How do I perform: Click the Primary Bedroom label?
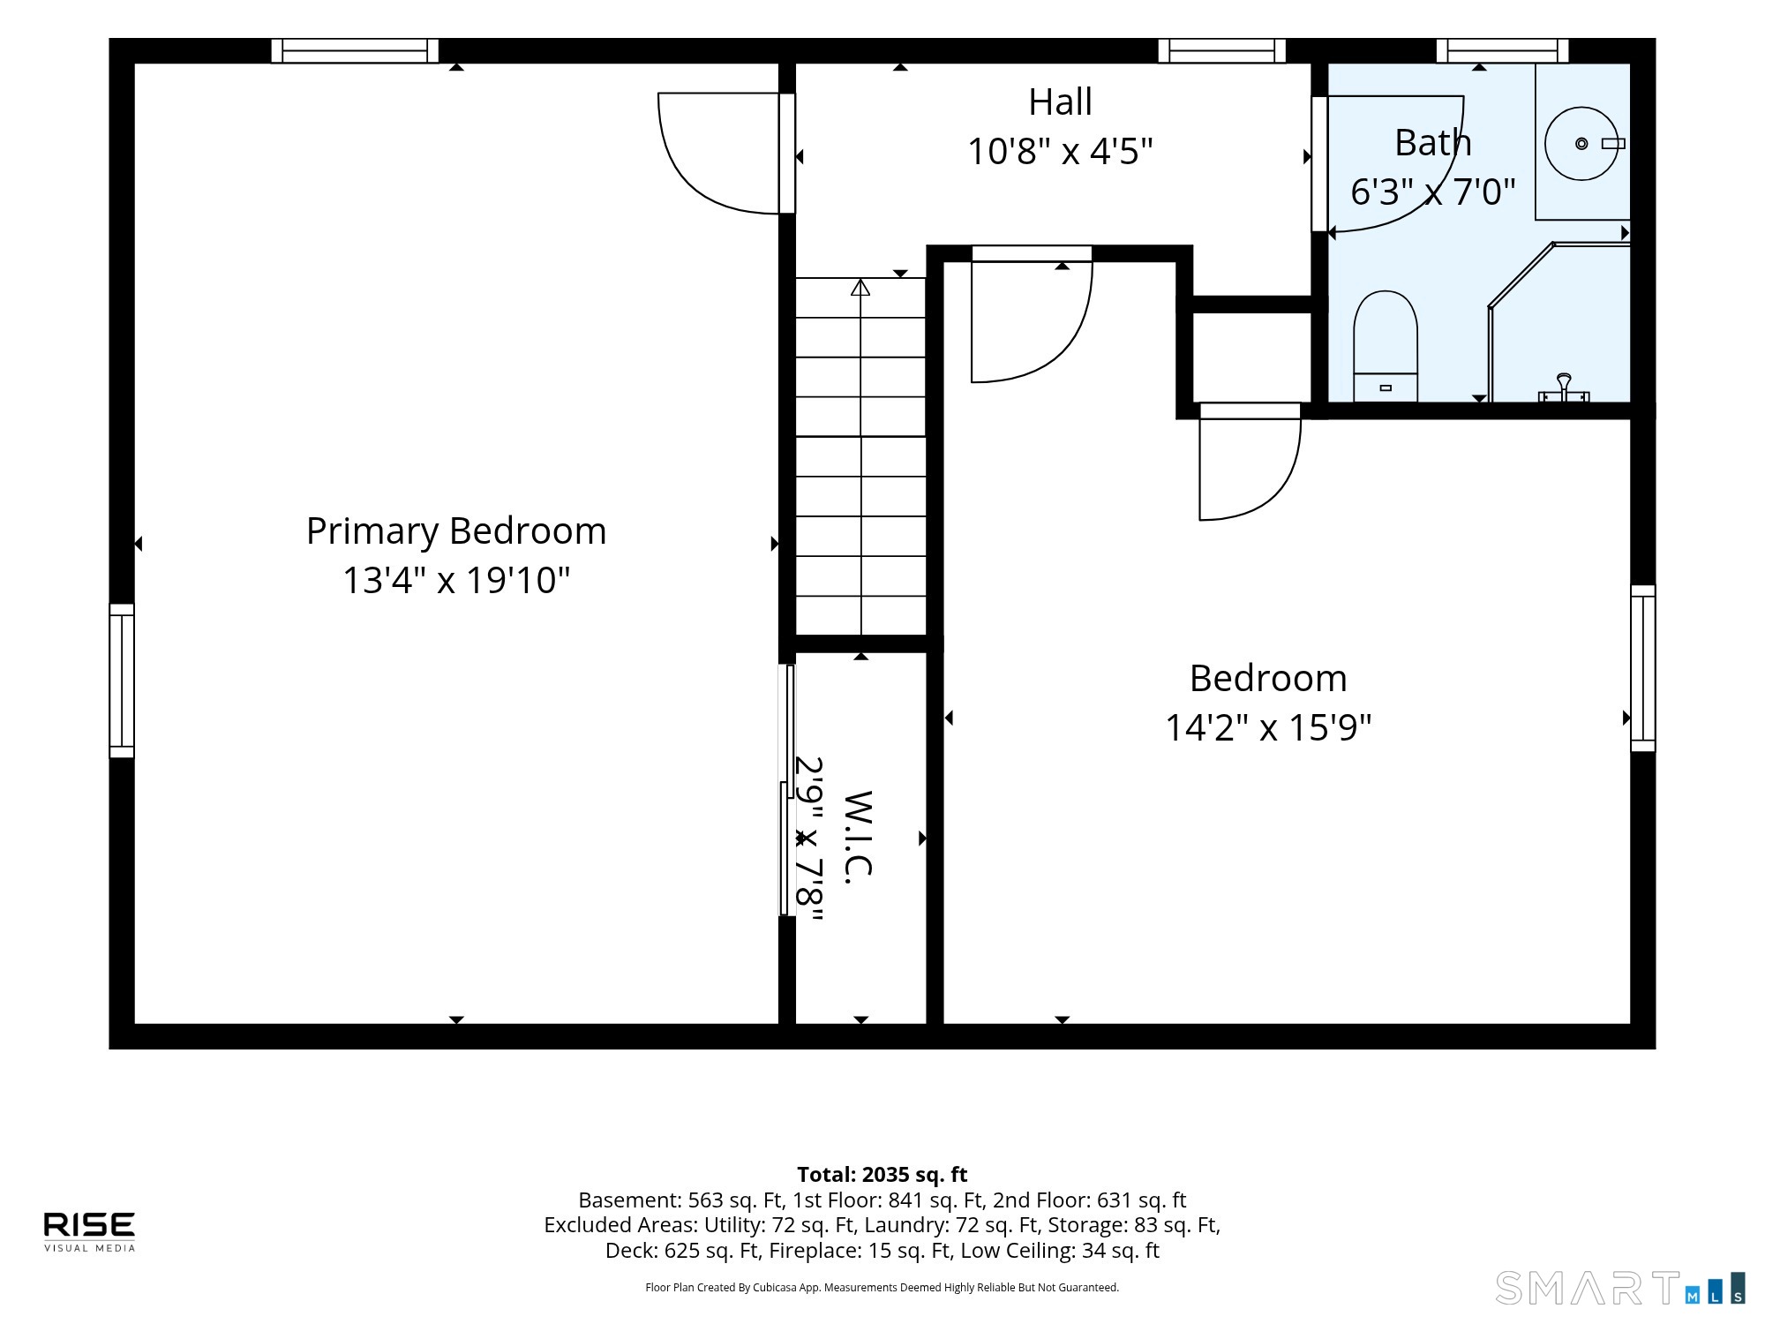456,531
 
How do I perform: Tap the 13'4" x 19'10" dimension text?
456,581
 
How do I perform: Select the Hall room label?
1060,102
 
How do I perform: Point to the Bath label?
1432,143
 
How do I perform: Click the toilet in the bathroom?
1386,346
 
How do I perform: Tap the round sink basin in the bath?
1581,144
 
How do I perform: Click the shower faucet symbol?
1564,388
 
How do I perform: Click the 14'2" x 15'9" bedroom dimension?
1268,728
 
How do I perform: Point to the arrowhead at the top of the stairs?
860,287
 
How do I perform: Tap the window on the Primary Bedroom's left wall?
122,681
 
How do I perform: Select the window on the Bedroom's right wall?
1642,668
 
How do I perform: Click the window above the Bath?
1502,51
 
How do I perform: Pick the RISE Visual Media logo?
90,1231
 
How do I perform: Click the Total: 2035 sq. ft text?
882,1175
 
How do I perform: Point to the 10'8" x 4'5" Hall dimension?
1060,152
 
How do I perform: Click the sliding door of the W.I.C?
786,790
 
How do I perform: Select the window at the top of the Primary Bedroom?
355,51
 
